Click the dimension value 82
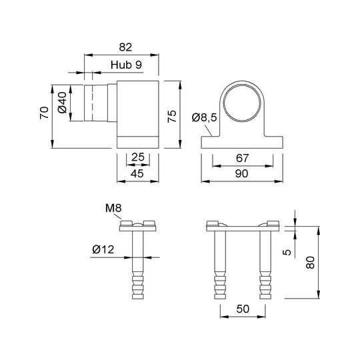tap(125, 47)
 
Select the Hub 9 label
tap(126, 65)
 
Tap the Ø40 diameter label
tap(62, 103)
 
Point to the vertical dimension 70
tap(44, 113)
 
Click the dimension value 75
tap(172, 116)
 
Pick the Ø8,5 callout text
tap(205, 118)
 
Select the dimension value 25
tap(138, 157)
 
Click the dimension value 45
tap(137, 173)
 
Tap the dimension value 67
tap(243, 158)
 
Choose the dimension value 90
tap(242, 173)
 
